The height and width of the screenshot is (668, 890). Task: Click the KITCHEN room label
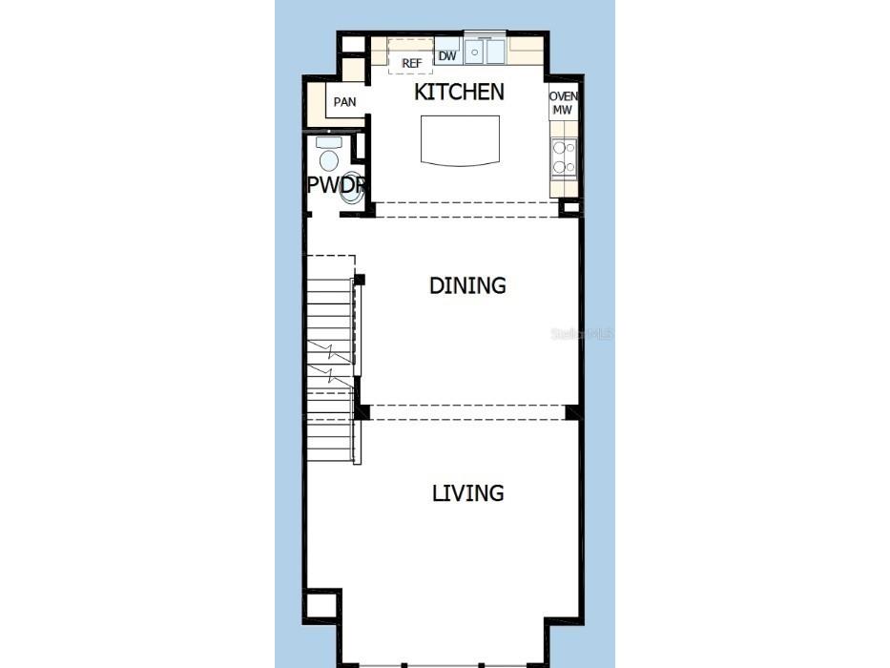coord(459,93)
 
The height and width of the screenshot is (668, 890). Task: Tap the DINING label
coord(467,285)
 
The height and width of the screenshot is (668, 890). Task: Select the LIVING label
coord(467,493)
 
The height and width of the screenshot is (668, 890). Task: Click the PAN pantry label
coord(344,102)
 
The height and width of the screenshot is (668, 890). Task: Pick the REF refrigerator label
coord(411,63)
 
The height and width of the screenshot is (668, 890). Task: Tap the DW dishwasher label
coord(447,56)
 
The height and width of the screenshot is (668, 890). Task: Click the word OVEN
coord(564,97)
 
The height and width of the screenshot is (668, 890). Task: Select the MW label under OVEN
coord(563,111)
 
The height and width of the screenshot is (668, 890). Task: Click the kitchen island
coord(461,140)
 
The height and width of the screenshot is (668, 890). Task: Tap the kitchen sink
coord(484,52)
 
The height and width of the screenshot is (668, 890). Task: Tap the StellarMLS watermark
coord(582,334)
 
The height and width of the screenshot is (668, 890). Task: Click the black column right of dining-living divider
coord(572,412)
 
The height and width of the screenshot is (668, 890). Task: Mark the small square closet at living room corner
coord(321,605)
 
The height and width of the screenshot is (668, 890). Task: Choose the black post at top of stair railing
coord(360,280)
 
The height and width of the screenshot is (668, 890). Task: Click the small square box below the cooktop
coord(569,207)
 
